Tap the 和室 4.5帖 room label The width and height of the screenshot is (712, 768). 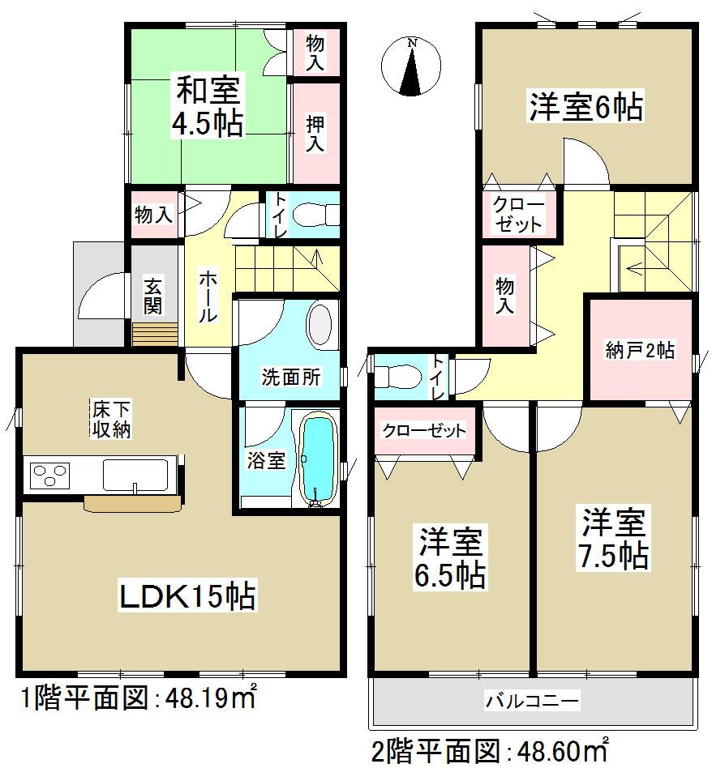[207, 106]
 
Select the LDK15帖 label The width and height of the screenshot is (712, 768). [188, 597]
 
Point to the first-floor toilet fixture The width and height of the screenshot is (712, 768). [317, 215]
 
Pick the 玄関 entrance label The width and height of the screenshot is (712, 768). [152, 296]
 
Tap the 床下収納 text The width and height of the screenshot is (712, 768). [110, 420]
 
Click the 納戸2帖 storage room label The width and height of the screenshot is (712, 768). [640, 351]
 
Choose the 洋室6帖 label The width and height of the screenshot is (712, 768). [586, 107]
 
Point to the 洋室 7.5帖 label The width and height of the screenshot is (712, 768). [612, 539]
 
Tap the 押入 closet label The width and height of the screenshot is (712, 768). [315, 134]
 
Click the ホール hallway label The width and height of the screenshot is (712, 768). [208, 297]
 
